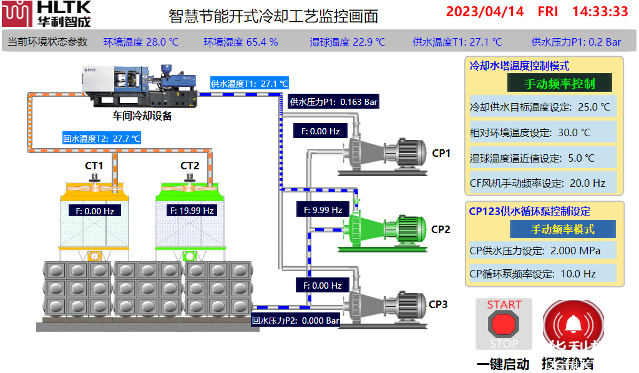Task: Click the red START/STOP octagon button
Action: [504, 324]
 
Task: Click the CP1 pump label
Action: [441, 152]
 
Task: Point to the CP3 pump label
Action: [438, 304]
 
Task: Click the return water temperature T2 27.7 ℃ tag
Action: [101, 139]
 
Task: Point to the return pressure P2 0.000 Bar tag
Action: [296, 321]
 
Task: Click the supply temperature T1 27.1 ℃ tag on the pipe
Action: [250, 83]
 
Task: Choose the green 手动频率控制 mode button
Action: [559, 83]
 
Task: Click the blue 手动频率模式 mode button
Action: [562, 229]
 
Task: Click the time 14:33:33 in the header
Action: [600, 11]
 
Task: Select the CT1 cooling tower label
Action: [94, 166]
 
